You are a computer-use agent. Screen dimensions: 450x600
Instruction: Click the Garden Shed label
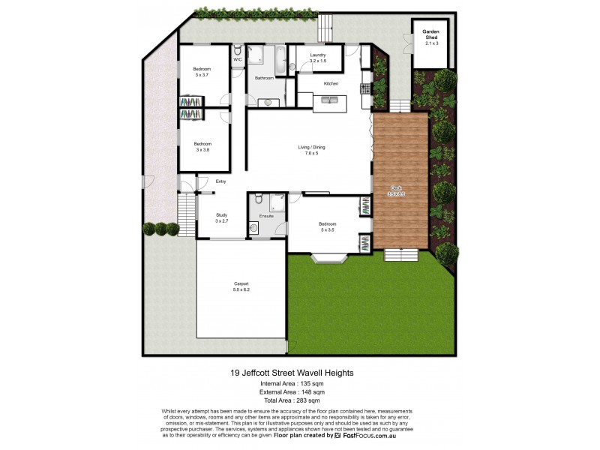click(431, 33)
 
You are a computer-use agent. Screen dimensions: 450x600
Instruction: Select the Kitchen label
click(331, 83)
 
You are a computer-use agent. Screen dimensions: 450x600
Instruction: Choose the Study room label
click(221, 215)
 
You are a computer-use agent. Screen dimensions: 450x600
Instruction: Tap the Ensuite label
click(266, 216)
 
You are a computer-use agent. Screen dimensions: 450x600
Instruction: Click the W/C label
click(237, 59)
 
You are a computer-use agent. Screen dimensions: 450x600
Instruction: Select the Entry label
click(220, 181)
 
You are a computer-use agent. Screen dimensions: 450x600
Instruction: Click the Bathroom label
click(264, 78)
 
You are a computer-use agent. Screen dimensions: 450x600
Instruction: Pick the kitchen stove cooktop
click(365, 88)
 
